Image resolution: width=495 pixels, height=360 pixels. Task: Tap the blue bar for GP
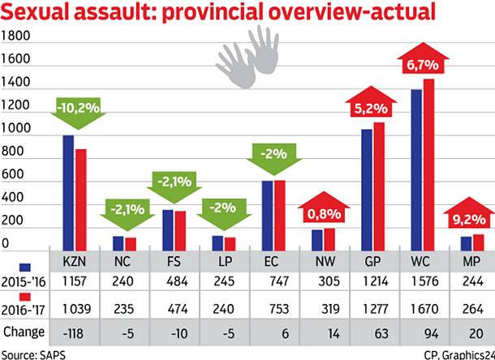(x=367, y=191)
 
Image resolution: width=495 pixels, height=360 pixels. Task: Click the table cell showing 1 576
(x=423, y=280)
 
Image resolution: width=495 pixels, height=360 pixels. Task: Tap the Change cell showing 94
(x=423, y=332)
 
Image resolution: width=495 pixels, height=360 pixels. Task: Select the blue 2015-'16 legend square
(x=24, y=267)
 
